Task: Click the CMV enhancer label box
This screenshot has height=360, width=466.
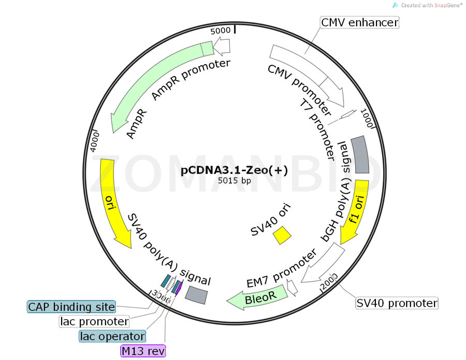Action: [x=360, y=22]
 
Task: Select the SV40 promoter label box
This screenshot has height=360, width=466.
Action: [x=397, y=303]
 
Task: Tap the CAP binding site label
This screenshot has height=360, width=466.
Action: [x=71, y=307]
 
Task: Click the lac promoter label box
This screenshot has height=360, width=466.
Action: [x=94, y=322]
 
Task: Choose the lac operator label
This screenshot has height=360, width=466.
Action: [x=112, y=336]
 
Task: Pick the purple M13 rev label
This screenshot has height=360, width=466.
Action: [x=143, y=351]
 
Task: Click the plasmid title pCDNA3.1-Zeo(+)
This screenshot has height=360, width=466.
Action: [x=234, y=170]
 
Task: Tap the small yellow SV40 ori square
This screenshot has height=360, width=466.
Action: [x=282, y=234]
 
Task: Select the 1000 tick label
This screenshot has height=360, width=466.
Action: [x=367, y=120]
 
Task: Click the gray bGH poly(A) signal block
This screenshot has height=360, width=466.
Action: [x=360, y=155]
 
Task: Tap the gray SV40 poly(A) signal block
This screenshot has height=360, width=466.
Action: [x=197, y=294]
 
